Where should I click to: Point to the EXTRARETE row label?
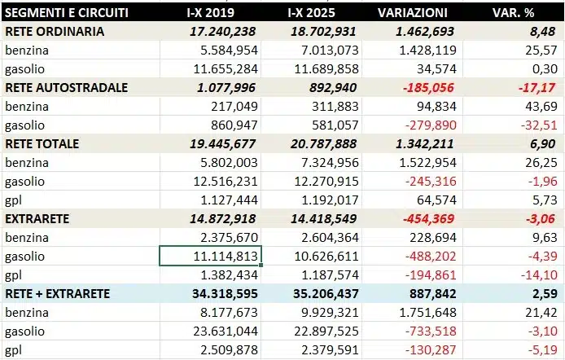click(39, 218)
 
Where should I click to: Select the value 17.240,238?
click(221, 32)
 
